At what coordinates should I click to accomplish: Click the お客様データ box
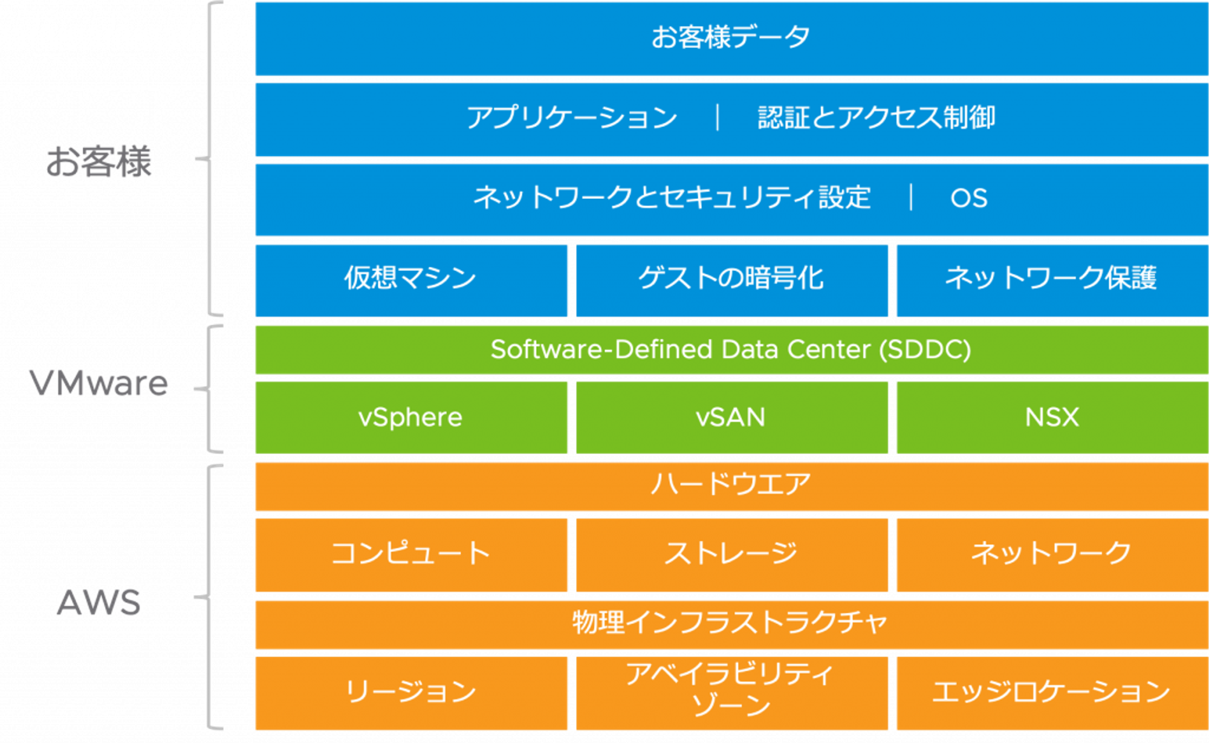pyautogui.click(x=731, y=37)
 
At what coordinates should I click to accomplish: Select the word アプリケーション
pyautogui.click(x=572, y=117)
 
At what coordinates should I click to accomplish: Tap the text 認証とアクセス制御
pyautogui.click(x=876, y=117)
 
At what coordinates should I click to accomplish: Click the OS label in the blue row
pyautogui.click(x=969, y=198)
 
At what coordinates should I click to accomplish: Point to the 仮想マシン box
pyautogui.click(x=411, y=279)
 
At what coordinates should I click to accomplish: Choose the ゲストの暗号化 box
pyautogui.click(x=731, y=279)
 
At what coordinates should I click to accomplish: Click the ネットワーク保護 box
pyautogui.click(x=1052, y=279)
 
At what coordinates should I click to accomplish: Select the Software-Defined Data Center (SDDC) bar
pyautogui.click(x=731, y=349)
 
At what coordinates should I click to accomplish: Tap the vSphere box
pyautogui.click(x=411, y=417)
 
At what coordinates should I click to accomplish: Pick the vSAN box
pyautogui.click(x=731, y=417)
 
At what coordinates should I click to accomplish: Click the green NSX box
pyautogui.click(x=1052, y=417)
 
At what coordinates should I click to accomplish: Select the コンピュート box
pyautogui.click(x=411, y=553)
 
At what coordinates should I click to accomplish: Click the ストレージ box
pyautogui.click(x=731, y=553)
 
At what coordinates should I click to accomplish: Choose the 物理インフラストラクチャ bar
pyautogui.click(x=731, y=623)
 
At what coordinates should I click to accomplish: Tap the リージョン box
pyautogui.click(x=411, y=692)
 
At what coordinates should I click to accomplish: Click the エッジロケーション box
pyautogui.click(x=1052, y=692)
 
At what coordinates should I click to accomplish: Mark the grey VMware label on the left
pyautogui.click(x=99, y=384)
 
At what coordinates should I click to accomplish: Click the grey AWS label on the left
pyautogui.click(x=99, y=603)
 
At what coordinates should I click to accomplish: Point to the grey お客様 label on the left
pyautogui.click(x=99, y=162)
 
